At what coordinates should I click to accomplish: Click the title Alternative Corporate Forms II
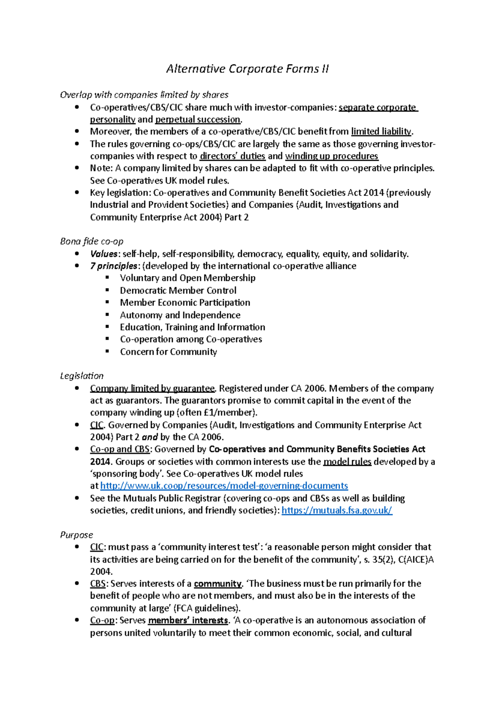247,69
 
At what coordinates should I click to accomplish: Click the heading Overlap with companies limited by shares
144,95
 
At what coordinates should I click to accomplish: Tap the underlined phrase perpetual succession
198,119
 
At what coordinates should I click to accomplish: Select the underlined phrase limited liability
381,131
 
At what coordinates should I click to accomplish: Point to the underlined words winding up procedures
331,156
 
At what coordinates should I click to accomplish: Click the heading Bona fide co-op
91,241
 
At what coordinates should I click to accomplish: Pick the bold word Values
104,254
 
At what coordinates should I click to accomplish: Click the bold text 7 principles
113,266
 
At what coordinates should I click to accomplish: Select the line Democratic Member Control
178,290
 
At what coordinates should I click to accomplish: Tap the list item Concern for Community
168,352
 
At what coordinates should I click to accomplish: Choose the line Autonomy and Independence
180,315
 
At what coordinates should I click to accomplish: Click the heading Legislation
82,376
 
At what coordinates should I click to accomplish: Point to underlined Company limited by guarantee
152,388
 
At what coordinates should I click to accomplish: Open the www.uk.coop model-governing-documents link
224,486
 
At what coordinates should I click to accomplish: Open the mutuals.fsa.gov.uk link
336,510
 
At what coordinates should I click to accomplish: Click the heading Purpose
76,535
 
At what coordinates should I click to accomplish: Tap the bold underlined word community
217,584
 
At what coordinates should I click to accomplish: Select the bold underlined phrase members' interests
188,621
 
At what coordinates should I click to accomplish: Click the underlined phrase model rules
347,461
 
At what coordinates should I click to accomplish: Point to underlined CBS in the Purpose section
98,584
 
